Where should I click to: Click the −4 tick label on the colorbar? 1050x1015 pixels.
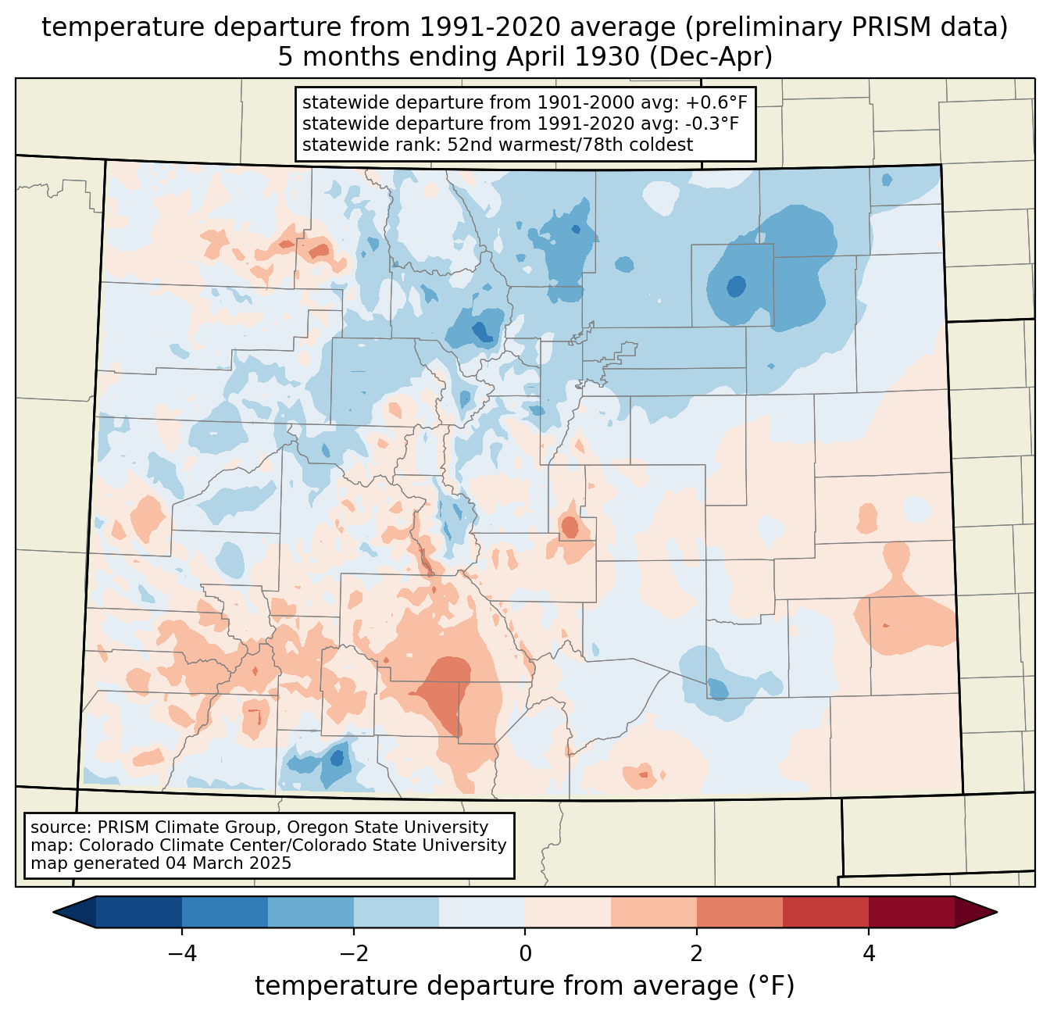coord(182,955)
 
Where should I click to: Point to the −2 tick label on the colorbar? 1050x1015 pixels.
coord(354,955)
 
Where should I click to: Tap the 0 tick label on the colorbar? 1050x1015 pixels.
coord(525,955)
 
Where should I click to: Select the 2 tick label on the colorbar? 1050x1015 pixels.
coord(697,955)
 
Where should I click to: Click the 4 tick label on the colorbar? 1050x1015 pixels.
coord(868,955)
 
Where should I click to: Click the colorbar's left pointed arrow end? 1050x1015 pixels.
coord(54,913)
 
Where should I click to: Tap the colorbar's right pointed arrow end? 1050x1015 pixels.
coord(996,913)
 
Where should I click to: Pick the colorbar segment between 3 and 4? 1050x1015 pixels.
coord(826,913)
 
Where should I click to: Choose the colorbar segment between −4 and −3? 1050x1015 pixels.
coord(225,913)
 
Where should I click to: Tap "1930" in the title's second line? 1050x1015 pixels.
coord(615,57)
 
